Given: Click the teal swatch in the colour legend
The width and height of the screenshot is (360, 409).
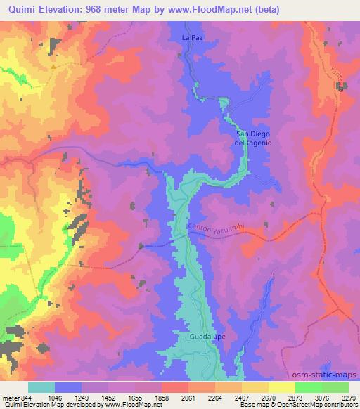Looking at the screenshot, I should [x=41, y=387].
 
